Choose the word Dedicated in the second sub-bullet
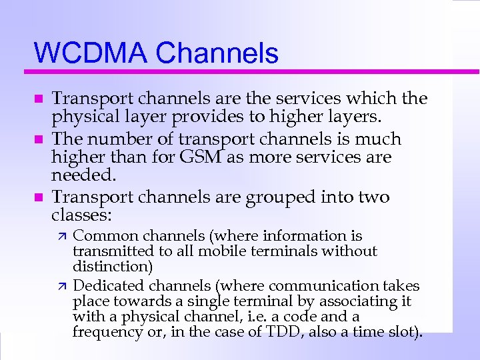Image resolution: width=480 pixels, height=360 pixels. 108,286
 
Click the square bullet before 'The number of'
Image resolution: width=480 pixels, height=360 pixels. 38,140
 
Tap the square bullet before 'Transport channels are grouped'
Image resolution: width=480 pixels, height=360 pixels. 38,198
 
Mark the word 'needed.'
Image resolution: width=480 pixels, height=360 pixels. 83,177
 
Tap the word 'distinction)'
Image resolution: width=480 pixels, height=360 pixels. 113,267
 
